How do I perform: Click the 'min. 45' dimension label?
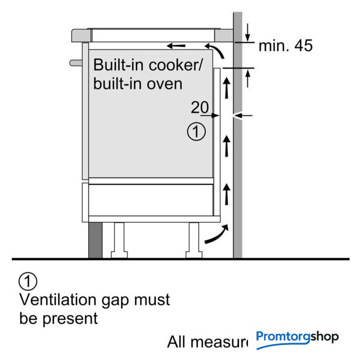pyautogui.click(x=285, y=46)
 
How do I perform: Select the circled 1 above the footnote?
pyautogui.click(x=28, y=280)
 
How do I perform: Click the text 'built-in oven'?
pyautogui.click(x=138, y=83)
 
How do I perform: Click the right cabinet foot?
pyautogui.click(x=194, y=239)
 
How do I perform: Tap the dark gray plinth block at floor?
pyautogui.click(x=94, y=239)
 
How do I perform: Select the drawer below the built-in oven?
pyautogui.click(x=149, y=200)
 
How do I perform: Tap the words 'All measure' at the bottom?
pyautogui.click(x=207, y=341)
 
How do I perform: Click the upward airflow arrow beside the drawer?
pyautogui.click(x=227, y=194)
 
